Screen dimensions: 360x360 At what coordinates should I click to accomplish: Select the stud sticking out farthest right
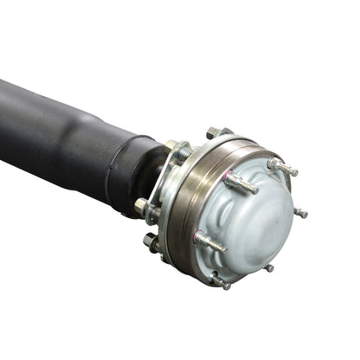299,212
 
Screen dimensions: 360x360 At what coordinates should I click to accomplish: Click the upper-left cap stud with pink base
240,183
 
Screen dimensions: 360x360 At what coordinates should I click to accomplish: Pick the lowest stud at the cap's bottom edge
222,282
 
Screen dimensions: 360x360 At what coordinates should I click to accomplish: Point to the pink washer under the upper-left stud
232,180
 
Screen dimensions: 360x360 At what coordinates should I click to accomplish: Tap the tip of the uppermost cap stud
295,171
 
